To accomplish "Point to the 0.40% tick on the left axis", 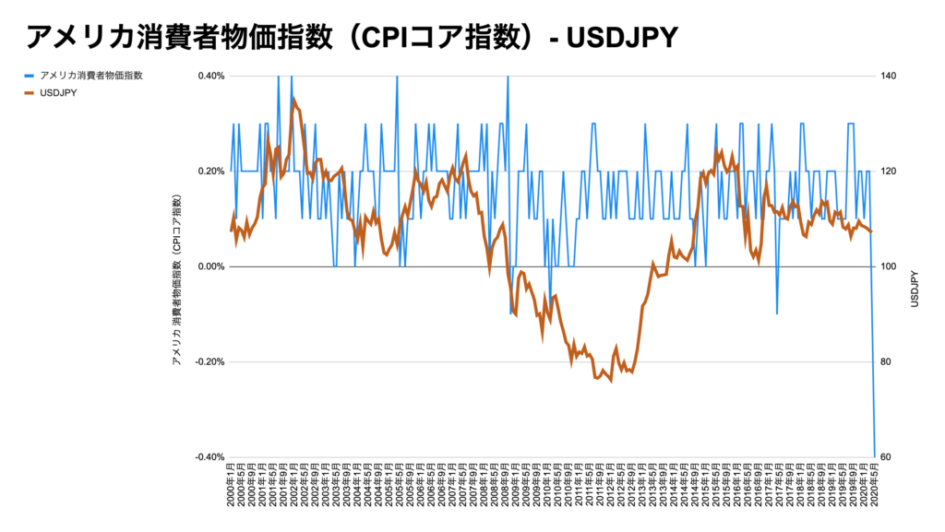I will pos(211,77).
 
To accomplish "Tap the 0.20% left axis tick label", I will pos(211,171).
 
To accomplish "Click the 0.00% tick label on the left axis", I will pos(211,266).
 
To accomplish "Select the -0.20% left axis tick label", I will pos(209,361).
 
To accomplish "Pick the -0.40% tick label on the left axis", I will pos(209,456).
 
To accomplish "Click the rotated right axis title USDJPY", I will pos(915,289).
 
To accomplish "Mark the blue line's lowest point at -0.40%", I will pos(874,455).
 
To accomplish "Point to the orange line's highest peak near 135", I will pos(294,99).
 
